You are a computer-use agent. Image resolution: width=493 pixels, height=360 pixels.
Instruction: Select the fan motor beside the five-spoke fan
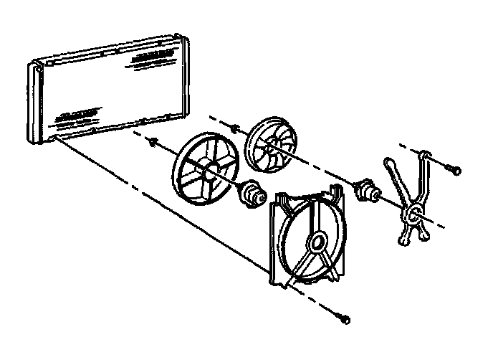(252, 194)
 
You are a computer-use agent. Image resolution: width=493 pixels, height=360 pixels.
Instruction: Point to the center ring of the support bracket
(413, 213)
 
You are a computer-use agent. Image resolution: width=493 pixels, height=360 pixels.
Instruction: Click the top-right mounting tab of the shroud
(334, 191)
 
